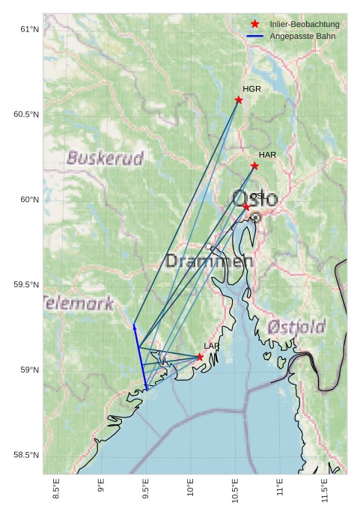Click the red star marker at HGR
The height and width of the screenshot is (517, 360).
(x=239, y=100)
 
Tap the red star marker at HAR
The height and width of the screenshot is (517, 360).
(x=254, y=166)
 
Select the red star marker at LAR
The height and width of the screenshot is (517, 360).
(x=200, y=358)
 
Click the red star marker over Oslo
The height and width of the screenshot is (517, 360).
(x=246, y=207)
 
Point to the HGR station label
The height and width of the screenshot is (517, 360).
(x=251, y=89)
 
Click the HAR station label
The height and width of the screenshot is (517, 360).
(x=267, y=155)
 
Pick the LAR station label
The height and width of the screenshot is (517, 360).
(x=212, y=346)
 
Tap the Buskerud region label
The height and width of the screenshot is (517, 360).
(x=105, y=159)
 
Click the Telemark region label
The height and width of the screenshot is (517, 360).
(x=79, y=303)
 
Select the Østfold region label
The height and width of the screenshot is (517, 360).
(x=296, y=327)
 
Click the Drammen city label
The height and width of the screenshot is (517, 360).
(x=209, y=261)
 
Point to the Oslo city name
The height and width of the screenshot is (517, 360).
(x=255, y=199)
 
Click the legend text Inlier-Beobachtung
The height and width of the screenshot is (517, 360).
(x=305, y=25)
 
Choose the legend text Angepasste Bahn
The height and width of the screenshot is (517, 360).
(x=299, y=37)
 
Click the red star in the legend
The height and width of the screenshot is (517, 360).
(x=255, y=25)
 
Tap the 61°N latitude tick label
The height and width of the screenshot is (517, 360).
(x=28, y=29)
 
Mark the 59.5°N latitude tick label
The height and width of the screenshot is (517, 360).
(x=25, y=285)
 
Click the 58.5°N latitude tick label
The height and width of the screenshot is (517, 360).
(x=25, y=456)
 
